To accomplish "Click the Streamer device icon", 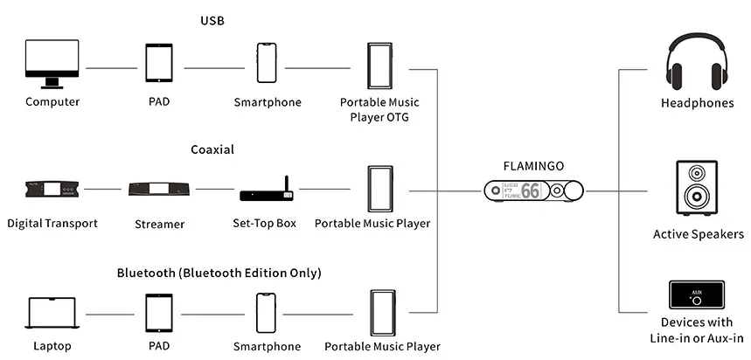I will pyautogui.click(x=160, y=189).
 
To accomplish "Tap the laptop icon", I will pyautogui.click(x=52, y=313).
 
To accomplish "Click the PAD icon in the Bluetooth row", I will pyautogui.click(x=159, y=313).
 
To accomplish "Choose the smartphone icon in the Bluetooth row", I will pyautogui.click(x=268, y=313).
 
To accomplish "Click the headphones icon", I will pyautogui.click(x=696, y=63).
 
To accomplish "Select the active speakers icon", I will pyautogui.click(x=696, y=188).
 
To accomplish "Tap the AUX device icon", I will pyautogui.click(x=696, y=294).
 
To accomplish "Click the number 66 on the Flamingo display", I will pyautogui.click(x=531, y=190).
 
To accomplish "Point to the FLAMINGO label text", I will pyautogui.click(x=533, y=163).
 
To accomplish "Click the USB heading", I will pyautogui.click(x=212, y=21).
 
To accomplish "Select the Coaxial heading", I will pyautogui.click(x=212, y=149).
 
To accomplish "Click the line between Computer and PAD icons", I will pyautogui.click(x=113, y=67).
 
